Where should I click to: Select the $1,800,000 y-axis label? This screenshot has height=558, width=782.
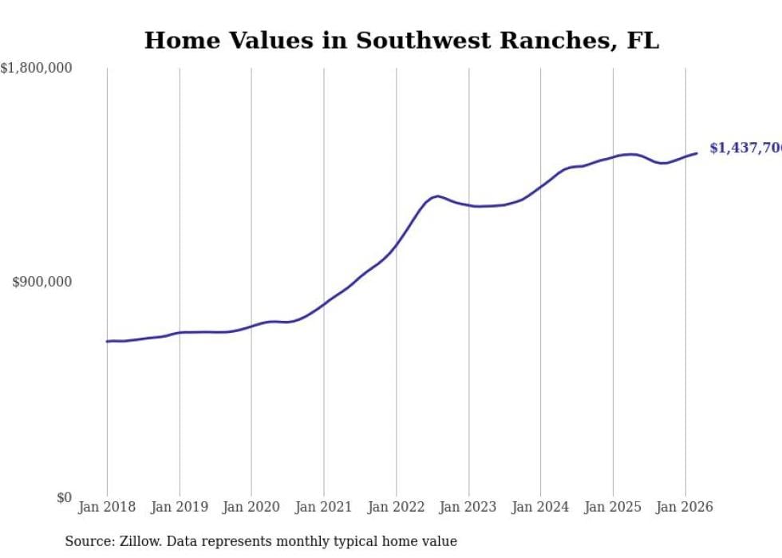(36, 69)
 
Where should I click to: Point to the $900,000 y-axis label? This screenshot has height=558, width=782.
(42, 282)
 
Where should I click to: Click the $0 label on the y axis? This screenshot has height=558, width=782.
(63, 497)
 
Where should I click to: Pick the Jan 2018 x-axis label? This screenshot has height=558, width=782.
(107, 507)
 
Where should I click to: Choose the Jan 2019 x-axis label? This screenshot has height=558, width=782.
(180, 507)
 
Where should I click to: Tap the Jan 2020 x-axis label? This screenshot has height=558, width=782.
(251, 507)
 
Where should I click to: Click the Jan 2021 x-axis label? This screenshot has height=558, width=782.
(324, 507)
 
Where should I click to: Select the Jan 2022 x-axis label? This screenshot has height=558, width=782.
(396, 507)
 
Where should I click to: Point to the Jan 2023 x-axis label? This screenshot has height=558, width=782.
(468, 507)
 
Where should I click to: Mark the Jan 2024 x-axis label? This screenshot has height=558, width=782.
(540, 507)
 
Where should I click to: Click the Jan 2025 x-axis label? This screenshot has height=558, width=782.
(613, 507)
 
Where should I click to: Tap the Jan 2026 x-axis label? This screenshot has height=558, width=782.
(685, 507)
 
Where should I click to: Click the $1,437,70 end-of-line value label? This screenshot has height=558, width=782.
(745, 148)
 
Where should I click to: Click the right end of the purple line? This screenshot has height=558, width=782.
(697, 153)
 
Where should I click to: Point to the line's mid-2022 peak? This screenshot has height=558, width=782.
(437, 196)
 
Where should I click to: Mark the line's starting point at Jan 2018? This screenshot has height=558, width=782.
(107, 342)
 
